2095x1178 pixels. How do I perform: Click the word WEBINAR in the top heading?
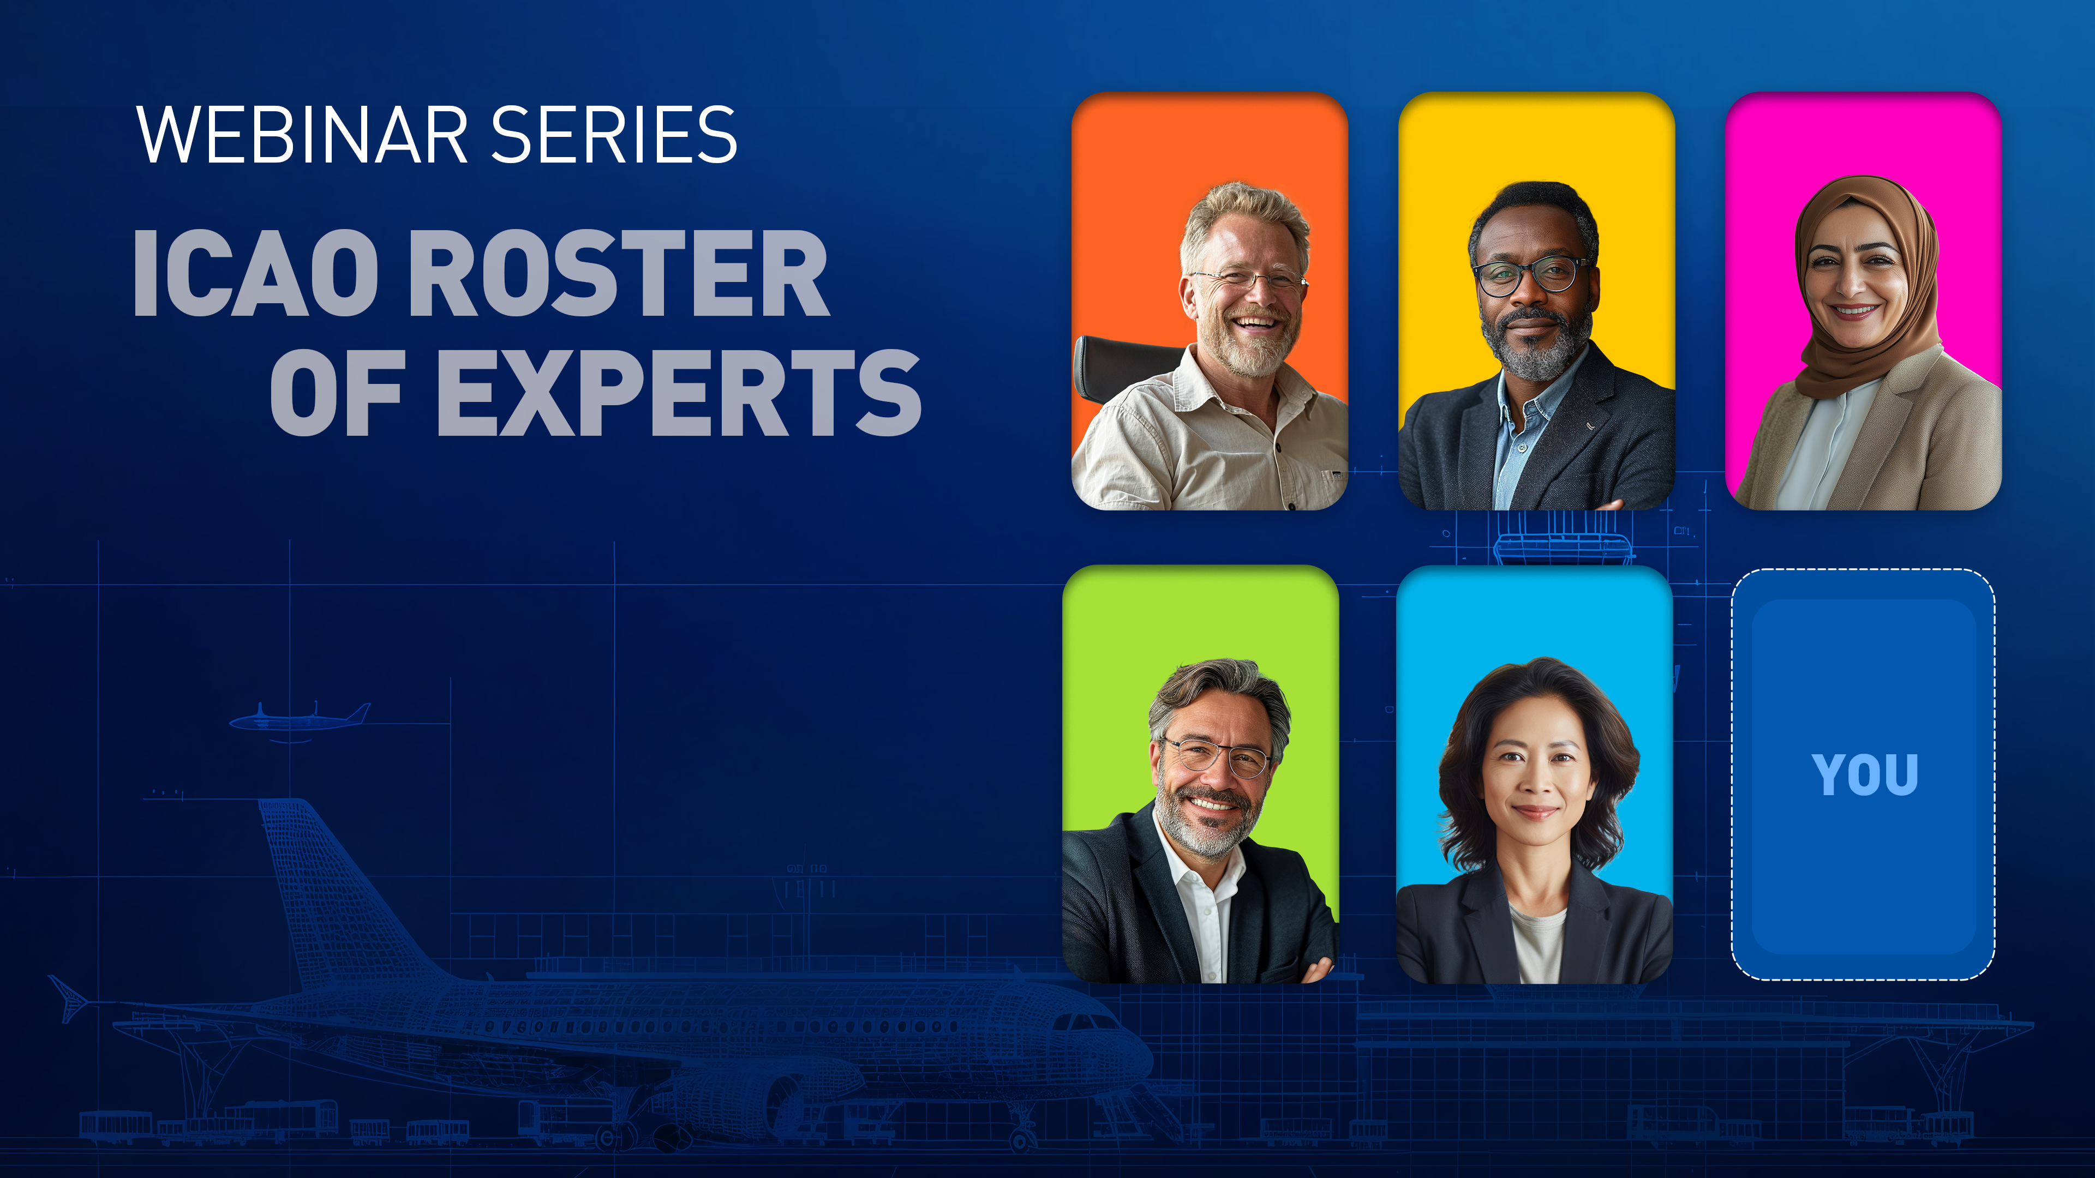(301, 134)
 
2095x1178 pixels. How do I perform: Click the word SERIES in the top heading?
(614, 134)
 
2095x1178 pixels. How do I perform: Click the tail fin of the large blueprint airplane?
(325, 886)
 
